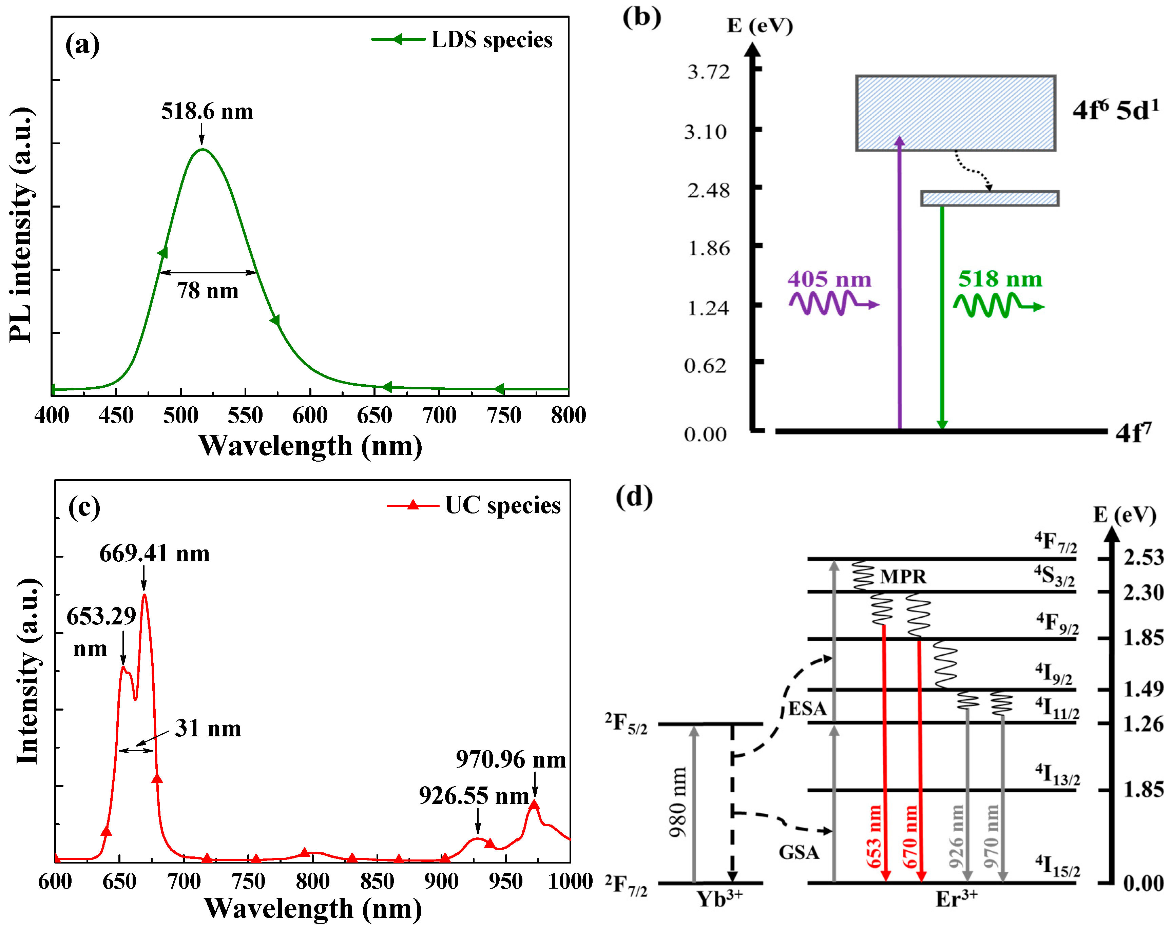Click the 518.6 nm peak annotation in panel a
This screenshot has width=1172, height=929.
tap(207, 112)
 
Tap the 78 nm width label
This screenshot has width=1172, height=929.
tap(208, 291)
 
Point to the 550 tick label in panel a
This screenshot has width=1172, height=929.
tap(245, 415)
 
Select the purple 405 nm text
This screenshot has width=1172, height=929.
tap(829, 279)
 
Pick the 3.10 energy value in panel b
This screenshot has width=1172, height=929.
tap(705, 132)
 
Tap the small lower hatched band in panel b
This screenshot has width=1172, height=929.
tap(990, 198)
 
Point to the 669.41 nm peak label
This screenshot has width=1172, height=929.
tap(154, 554)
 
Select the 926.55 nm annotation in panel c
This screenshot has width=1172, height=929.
tap(474, 796)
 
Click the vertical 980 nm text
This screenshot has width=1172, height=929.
tap(678, 803)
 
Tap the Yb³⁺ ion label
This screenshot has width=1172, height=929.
tap(719, 899)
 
